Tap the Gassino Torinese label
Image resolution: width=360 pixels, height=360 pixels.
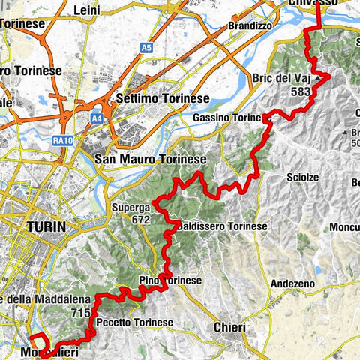(x=229, y=118)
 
